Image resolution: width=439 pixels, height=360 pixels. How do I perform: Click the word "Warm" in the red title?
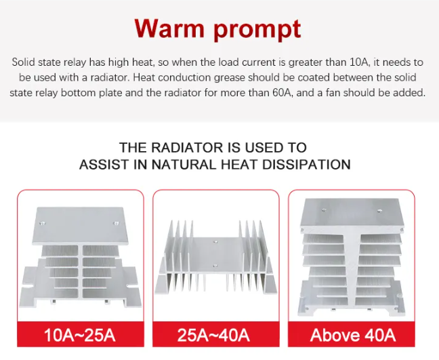click(x=169, y=28)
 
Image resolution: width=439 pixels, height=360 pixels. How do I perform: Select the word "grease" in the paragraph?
click(x=230, y=78)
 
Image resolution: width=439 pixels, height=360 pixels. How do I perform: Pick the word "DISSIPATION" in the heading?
click(x=307, y=165)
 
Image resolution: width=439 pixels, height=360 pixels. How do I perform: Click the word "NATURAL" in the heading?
click(x=185, y=165)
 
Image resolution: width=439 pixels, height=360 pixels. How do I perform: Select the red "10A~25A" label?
click(x=80, y=335)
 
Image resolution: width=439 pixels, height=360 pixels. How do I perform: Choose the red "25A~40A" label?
click(x=213, y=335)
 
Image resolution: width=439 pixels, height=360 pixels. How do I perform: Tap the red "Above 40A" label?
click(x=353, y=335)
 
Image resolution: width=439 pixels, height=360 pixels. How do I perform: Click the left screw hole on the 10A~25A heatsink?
click(x=42, y=223)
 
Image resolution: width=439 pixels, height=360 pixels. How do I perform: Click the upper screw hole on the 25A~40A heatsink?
click(x=215, y=241)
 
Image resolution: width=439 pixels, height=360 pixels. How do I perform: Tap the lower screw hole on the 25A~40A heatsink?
click(x=215, y=266)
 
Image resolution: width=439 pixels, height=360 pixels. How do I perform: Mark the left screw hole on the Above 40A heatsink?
click(x=324, y=210)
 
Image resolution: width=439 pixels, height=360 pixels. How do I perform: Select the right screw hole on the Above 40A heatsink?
click(x=379, y=211)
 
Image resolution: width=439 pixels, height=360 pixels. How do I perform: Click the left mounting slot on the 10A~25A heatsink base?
click(x=30, y=285)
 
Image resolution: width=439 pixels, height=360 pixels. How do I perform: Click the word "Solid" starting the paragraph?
click(x=24, y=62)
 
